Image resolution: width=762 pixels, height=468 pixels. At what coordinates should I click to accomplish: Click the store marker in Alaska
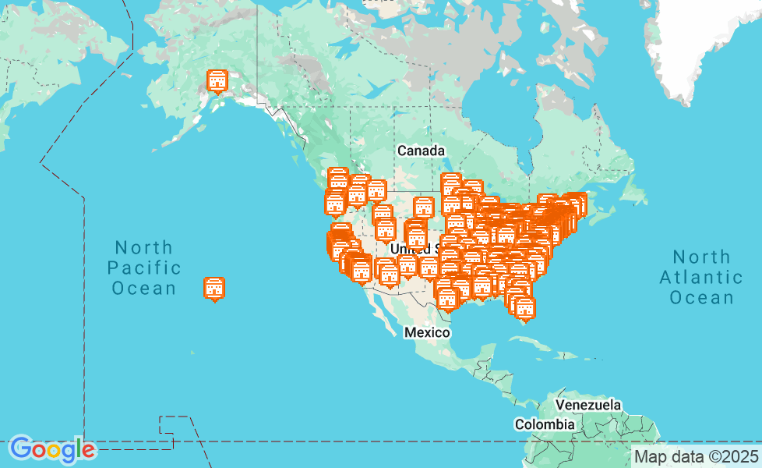217,80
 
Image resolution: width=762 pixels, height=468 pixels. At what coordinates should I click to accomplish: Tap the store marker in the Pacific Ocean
214,288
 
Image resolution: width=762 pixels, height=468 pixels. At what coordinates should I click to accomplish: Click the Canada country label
421,151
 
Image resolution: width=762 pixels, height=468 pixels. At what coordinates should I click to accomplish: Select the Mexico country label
427,333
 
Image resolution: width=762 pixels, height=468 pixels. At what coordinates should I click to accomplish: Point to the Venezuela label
588,406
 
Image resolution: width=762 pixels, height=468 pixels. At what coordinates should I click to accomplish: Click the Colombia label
545,424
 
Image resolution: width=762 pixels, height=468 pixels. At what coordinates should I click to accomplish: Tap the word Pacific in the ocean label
144,268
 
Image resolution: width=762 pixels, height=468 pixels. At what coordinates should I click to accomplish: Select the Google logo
52,449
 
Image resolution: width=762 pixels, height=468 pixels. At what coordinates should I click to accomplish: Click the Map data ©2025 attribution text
696,456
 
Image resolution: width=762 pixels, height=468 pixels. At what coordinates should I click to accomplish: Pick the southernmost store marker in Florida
525,309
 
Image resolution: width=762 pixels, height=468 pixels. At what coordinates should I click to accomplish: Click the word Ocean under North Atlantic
701,297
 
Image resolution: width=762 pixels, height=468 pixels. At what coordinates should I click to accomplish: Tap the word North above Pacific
144,248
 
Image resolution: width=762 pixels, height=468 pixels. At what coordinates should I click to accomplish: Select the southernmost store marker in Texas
446,299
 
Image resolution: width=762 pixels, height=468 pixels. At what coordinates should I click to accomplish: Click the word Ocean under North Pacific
144,289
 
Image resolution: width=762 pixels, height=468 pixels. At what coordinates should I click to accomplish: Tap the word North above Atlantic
701,257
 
